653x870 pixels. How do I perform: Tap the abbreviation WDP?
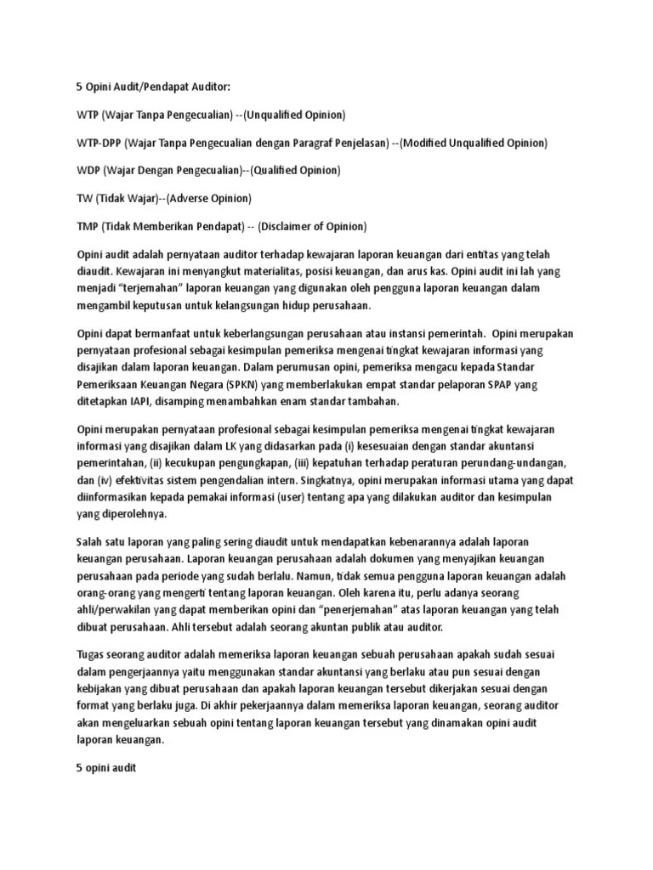88,170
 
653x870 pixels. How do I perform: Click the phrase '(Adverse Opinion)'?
209,198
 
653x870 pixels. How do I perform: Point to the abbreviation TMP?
88,226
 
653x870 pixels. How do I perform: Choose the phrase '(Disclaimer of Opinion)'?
313,226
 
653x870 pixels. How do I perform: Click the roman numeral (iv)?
110,480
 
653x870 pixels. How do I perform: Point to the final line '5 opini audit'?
106,767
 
